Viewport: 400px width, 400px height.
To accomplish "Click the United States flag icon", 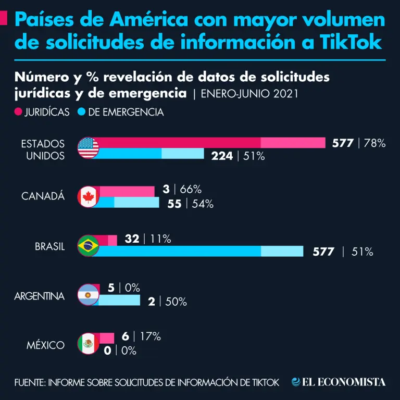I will pyautogui.click(x=88, y=148).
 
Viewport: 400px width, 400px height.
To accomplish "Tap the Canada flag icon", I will pyautogui.click(x=88, y=197).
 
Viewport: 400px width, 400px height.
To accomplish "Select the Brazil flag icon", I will pyautogui.click(x=88, y=246).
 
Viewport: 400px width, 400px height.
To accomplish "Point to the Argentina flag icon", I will pyautogui.click(x=88, y=295).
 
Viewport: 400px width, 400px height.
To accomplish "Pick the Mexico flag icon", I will pyautogui.click(x=88, y=344).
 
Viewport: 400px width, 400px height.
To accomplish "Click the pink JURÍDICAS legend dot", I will pyautogui.click(x=19, y=112).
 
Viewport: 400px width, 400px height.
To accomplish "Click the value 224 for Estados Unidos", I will pyautogui.click(x=222, y=155).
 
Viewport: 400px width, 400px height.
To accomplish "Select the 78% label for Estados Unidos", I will pyautogui.click(x=374, y=143).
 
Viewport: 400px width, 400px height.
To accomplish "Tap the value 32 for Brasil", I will pyautogui.click(x=132, y=239).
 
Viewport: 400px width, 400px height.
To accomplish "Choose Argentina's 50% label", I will pyautogui.click(x=176, y=302).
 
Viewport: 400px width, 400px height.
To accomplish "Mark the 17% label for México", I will pyautogui.click(x=151, y=336).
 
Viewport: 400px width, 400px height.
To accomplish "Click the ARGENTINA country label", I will pyautogui.click(x=40, y=296).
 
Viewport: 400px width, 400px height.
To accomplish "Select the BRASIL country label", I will pyautogui.click(x=50, y=247).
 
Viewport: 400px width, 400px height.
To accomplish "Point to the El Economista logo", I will pyautogui.click(x=339, y=382).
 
